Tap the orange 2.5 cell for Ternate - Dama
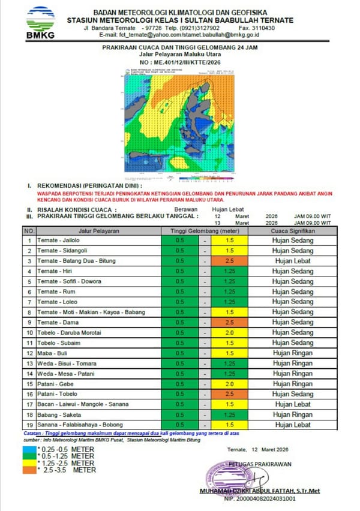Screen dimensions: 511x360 (x=229, y=322)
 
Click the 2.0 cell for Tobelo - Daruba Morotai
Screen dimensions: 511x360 (x=229, y=332)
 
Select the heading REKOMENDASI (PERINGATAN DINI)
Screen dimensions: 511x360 (x=84, y=186)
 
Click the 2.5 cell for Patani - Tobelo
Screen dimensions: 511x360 (x=229, y=394)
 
